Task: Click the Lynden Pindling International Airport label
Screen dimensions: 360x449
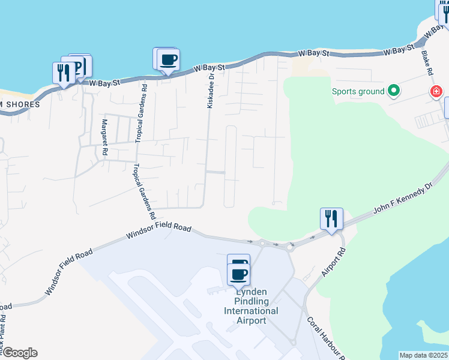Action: [251, 305]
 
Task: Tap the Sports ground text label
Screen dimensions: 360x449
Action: [358, 92]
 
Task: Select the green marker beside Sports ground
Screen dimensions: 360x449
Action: [394, 91]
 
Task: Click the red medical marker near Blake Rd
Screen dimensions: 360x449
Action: [436, 92]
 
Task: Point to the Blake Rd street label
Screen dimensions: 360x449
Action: [427, 62]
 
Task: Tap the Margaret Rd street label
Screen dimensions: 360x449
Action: [104, 138]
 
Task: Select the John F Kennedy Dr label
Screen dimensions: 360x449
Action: [403, 199]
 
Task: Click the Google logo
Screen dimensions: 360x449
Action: [19, 353]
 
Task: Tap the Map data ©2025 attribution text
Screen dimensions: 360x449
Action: [424, 355]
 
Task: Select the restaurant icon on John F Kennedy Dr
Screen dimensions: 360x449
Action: [331, 218]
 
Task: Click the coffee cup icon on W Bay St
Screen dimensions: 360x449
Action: [168, 60]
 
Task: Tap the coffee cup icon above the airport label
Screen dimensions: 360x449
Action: [239, 274]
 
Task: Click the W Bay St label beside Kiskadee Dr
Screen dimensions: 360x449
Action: [209, 69]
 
